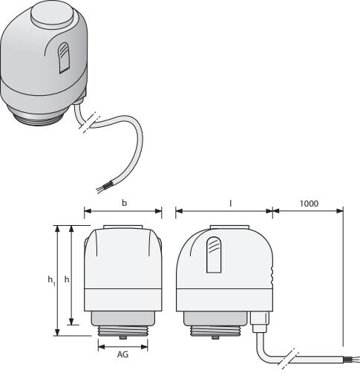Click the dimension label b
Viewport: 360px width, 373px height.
[x=124, y=203]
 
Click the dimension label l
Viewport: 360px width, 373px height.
[x=231, y=203]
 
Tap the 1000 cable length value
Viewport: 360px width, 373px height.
[x=309, y=204]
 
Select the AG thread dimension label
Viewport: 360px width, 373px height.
[x=122, y=354]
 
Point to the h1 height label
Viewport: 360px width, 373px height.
[x=51, y=281]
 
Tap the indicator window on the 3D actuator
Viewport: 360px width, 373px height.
[x=64, y=58]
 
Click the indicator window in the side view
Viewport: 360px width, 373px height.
[x=214, y=255]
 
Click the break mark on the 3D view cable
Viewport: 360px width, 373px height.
[x=88, y=123]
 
